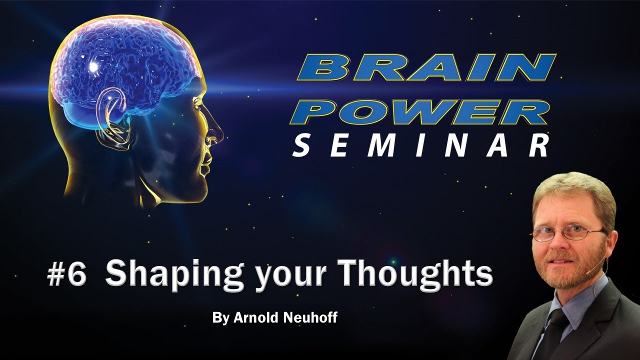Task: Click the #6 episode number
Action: click(x=67, y=275)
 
